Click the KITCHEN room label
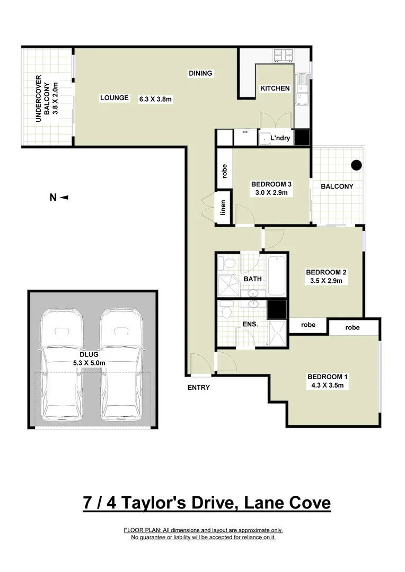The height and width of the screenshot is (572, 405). tap(275, 88)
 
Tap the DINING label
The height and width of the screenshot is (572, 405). tap(200, 74)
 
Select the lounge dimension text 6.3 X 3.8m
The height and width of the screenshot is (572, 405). tap(156, 99)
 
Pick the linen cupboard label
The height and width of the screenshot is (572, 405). tap(224, 207)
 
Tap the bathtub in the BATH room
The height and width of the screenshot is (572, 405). tap(277, 276)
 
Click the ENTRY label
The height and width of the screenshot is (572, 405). tap(199, 387)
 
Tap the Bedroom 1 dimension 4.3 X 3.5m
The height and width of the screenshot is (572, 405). tap(328, 386)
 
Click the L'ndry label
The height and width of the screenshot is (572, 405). tap(279, 138)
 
